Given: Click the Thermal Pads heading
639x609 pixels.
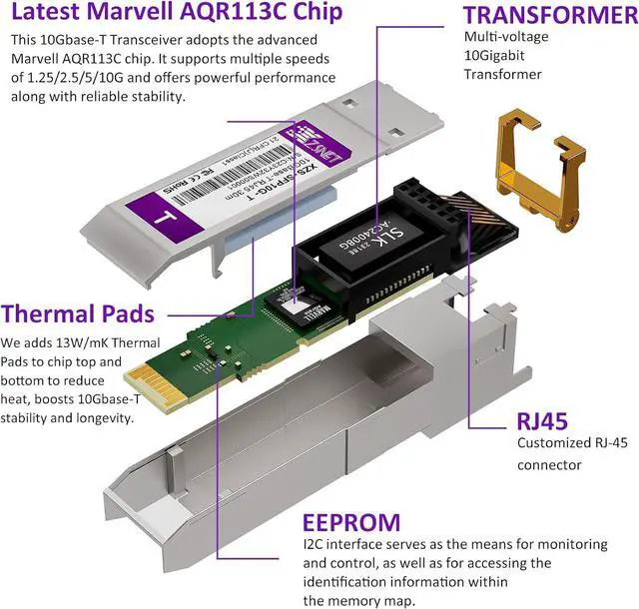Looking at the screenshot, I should (78, 313).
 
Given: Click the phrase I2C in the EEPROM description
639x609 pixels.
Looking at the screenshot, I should (313, 545).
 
